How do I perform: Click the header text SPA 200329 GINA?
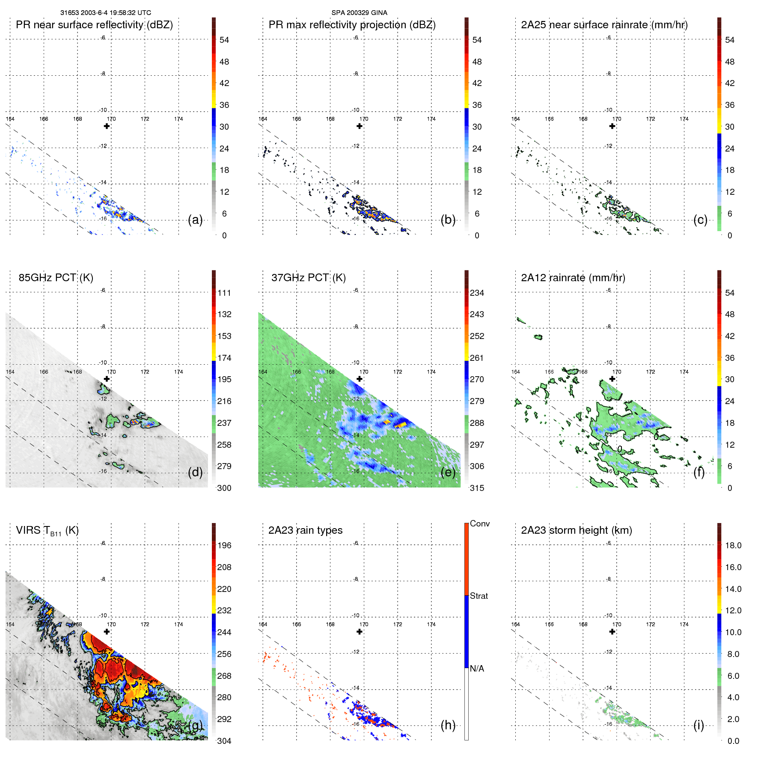pyautogui.click(x=359, y=13)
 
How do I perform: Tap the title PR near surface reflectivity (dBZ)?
pyautogui.click(x=94, y=25)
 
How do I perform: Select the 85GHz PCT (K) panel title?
pyautogui.click(x=56, y=278)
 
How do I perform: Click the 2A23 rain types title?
pyautogui.click(x=305, y=530)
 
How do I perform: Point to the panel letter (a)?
pyautogui.click(x=195, y=220)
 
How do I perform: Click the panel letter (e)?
pyautogui.click(x=448, y=473)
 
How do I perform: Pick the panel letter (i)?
pyautogui.click(x=699, y=725)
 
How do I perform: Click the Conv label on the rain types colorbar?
pyautogui.click(x=480, y=523)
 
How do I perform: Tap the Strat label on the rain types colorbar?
pyautogui.click(x=479, y=596)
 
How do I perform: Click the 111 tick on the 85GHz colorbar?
pyautogui.click(x=224, y=293)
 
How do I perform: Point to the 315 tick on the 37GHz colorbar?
pyautogui.click(x=477, y=488)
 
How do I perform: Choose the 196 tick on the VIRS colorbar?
pyautogui.click(x=224, y=545)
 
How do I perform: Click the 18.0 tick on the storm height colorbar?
pyautogui.click(x=733, y=545)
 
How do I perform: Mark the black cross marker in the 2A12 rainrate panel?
pyautogui.click(x=612, y=379)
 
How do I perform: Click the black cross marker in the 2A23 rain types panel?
pyautogui.click(x=360, y=631)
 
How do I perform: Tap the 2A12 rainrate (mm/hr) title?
pyautogui.click(x=573, y=278)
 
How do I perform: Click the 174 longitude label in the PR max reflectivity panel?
pyautogui.click(x=431, y=119)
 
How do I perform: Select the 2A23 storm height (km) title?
pyautogui.click(x=577, y=530)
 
